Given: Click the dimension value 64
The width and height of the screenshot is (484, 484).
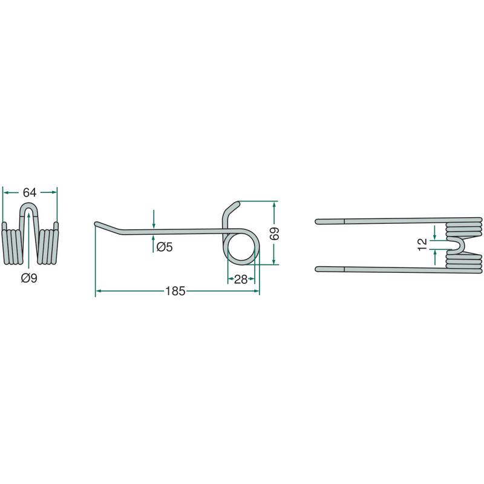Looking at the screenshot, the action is coord(30,192).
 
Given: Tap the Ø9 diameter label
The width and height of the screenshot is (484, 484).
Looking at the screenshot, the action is coord(29,278).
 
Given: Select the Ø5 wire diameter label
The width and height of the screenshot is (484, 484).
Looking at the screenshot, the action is coord(165,247).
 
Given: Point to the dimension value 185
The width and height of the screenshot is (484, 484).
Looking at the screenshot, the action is coord(175,291).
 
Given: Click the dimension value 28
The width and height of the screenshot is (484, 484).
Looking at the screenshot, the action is coord(241,280).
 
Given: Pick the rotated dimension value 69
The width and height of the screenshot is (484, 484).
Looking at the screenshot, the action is coord(274,234).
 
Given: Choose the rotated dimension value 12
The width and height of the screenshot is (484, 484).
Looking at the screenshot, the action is coord(422,244).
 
